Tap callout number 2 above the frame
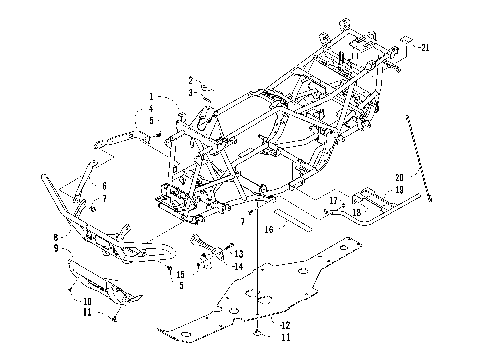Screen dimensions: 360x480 190,80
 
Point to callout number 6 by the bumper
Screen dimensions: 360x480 104,186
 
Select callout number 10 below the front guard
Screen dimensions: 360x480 87,300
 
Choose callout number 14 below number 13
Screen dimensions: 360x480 237,266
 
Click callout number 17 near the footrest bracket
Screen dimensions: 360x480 332,200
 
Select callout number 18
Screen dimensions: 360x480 356,212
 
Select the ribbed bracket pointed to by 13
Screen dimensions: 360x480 205,244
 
